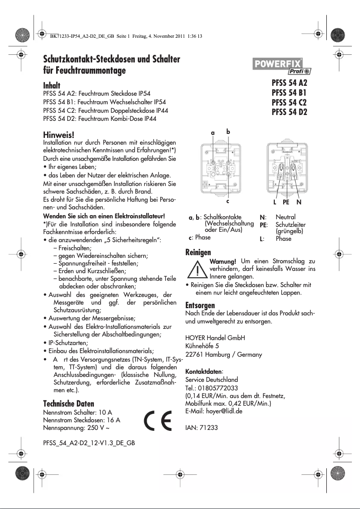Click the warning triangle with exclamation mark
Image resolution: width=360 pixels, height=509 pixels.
197,270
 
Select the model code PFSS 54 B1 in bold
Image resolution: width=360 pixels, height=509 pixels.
289,93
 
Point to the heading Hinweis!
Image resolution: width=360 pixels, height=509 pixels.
58,135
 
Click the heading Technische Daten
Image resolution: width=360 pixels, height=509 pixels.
69,403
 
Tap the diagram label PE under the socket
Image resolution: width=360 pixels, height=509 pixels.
286,202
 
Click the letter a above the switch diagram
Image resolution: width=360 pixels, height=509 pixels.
213,133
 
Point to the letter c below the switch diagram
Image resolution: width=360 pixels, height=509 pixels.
228,201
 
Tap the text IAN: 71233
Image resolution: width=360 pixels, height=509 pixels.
202,428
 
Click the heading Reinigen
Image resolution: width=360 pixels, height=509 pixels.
198,252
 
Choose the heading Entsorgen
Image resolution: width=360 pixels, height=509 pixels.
200,305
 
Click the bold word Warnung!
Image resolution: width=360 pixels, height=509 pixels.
223,261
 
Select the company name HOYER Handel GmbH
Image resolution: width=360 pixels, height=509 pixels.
215,338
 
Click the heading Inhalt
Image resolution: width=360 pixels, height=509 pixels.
52,85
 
